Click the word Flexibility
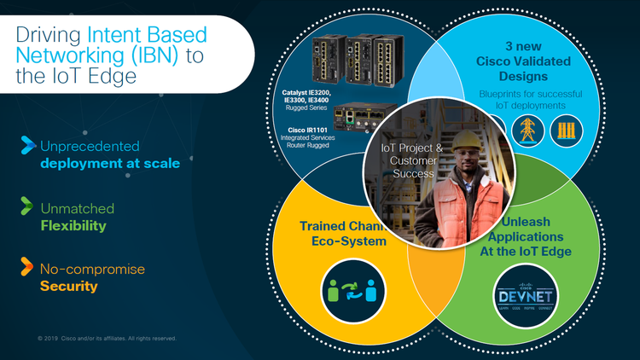(73, 226)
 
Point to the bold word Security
(68, 287)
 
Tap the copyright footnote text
(107, 338)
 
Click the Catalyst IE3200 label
(306, 91)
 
